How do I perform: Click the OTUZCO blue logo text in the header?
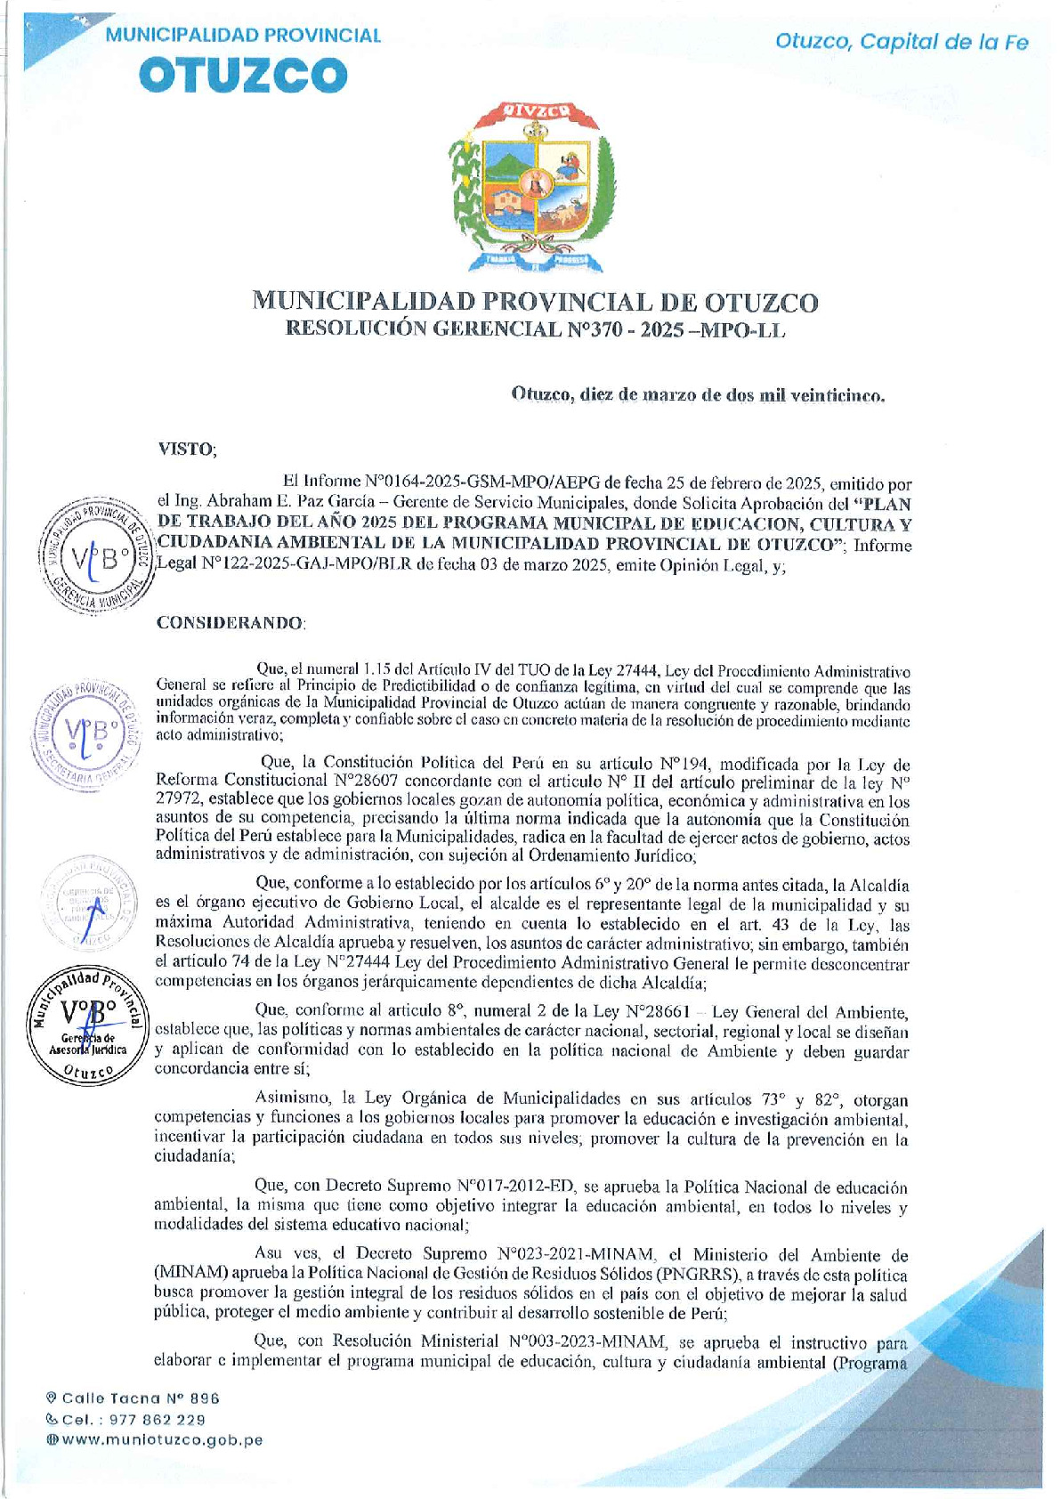click(x=243, y=75)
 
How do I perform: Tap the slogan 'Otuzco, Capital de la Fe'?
click(x=902, y=42)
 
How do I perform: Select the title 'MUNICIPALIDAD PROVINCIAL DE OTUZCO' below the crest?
click(x=535, y=302)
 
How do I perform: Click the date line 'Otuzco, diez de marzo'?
click(x=698, y=396)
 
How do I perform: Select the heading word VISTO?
click(x=187, y=449)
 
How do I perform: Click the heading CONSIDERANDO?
click(x=231, y=622)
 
